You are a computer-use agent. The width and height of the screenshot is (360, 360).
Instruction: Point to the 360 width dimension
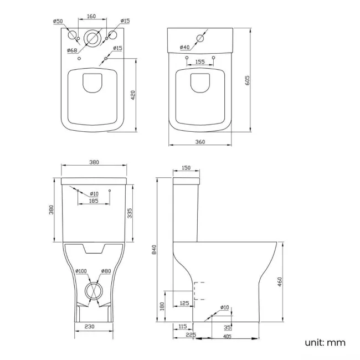pos(200,142)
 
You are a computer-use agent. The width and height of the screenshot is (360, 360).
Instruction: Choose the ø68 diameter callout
pos(72,50)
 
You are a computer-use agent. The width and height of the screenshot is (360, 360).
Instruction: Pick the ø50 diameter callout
pos(58,21)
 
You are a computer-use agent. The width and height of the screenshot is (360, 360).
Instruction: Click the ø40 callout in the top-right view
pos(186,47)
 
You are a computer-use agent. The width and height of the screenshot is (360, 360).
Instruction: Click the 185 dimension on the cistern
pos(93,201)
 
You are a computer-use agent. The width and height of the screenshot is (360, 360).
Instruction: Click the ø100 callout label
pos(81,271)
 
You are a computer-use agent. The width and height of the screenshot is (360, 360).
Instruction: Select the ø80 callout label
pos(105,271)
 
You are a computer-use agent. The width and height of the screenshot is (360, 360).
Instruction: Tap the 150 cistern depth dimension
pos(186,168)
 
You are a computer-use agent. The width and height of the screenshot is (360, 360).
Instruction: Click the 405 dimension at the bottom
pos(227,337)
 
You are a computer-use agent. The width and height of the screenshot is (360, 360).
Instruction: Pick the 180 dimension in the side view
pos(162,306)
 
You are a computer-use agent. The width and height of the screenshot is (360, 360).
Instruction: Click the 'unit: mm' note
pos(325,342)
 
